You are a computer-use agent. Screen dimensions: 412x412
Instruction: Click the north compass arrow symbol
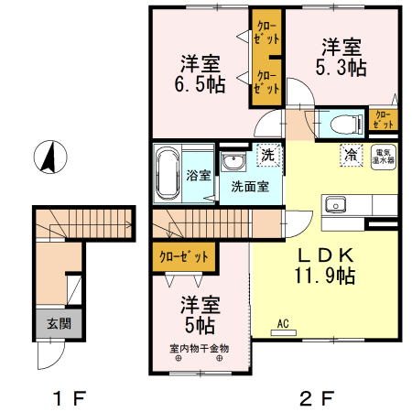(x=49, y=158)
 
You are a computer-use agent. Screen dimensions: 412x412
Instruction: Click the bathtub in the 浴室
(x=168, y=174)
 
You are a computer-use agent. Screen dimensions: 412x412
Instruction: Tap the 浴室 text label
(x=199, y=174)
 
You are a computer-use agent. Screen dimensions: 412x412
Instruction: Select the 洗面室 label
(x=249, y=187)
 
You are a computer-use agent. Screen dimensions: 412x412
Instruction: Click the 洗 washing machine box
(x=266, y=155)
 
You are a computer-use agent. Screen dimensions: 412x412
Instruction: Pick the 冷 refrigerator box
(x=350, y=155)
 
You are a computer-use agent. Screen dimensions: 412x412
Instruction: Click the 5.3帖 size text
(x=341, y=67)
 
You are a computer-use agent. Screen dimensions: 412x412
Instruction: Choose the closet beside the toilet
(x=384, y=119)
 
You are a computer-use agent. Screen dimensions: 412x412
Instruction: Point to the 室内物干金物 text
(x=199, y=348)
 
